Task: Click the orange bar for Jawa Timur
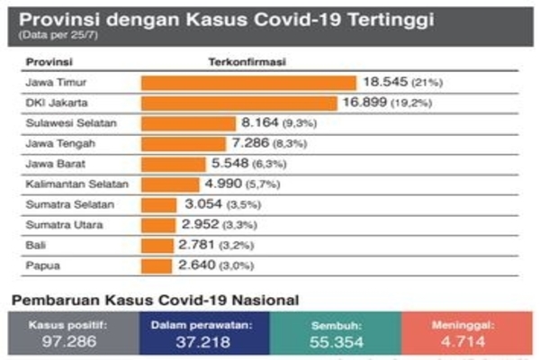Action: point(248,83)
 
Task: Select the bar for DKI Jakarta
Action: point(239,103)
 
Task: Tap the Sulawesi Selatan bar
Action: point(187,123)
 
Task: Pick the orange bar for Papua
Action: point(156,265)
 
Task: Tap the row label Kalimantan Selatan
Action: point(77,184)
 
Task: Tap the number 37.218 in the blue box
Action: point(205,342)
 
